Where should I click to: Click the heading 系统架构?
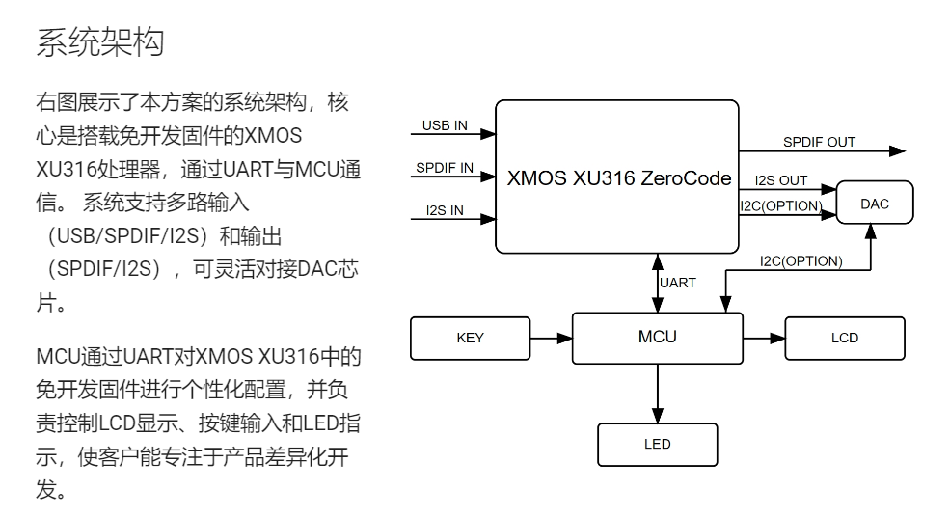pos(100,43)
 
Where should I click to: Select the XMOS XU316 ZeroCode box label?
pos(619,178)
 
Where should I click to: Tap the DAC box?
pos(875,204)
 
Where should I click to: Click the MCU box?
pos(657,338)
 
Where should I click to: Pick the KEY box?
pos(470,338)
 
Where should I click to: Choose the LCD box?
pos(844,338)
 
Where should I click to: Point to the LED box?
pos(657,445)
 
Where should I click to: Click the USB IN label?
pos(445,126)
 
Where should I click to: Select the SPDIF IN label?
pos(445,168)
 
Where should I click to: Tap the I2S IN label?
pos(445,209)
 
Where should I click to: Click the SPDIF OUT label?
pos(819,142)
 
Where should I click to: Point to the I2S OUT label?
pos(781,180)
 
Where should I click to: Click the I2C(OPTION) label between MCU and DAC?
pos(801,260)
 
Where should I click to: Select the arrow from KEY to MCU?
pos(551,339)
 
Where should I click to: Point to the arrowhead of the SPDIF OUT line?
pos(897,151)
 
